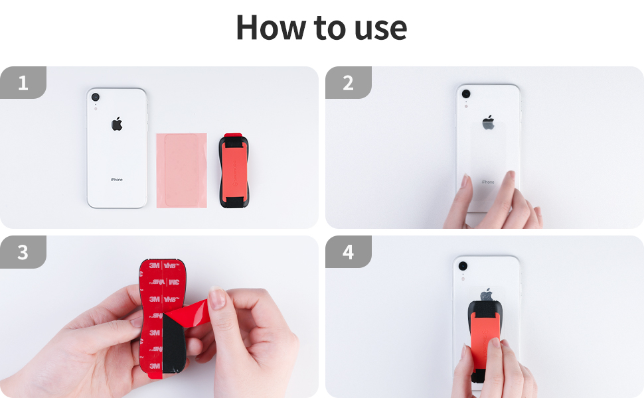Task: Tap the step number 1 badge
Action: pyautogui.click(x=23, y=83)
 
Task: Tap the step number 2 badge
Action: pyautogui.click(x=348, y=83)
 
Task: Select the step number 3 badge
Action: pyautogui.click(x=23, y=253)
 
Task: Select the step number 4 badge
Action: pyautogui.click(x=348, y=253)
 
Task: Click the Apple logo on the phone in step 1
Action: pyautogui.click(x=117, y=123)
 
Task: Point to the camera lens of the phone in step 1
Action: pyautogui.click(x=96, y=98)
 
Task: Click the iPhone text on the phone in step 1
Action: pyautogui.click(x=117, y=180)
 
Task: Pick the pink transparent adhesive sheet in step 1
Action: pyautogui.click(x=181, y=170)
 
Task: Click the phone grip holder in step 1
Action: pyautogui.click(x=234, y=171)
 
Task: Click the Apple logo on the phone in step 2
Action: pyautogui.click(x=488, y=122)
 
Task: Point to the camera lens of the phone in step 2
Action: pyautogui.click(x=465, y=94)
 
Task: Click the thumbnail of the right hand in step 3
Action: pyautogui.click(x=217, y=297)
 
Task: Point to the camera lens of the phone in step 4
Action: pyautogui.click(x=463, y=266)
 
